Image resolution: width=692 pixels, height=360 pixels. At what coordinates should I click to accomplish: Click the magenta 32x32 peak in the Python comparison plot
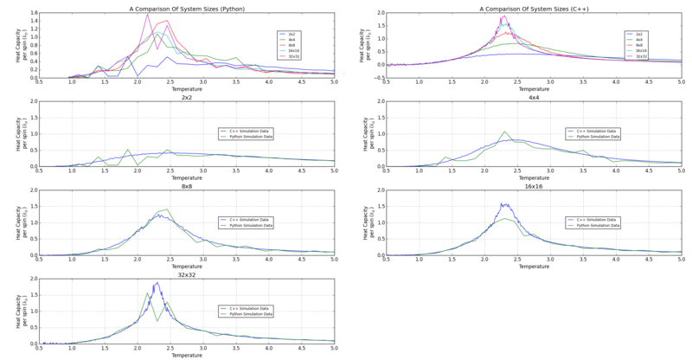(148, 14)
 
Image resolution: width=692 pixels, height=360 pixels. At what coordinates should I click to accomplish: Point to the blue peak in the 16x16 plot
(503, 204)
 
